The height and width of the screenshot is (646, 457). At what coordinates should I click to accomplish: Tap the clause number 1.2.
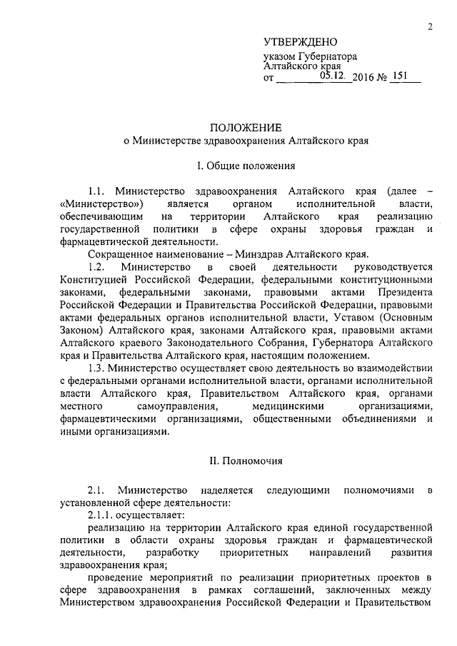(96, 266)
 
